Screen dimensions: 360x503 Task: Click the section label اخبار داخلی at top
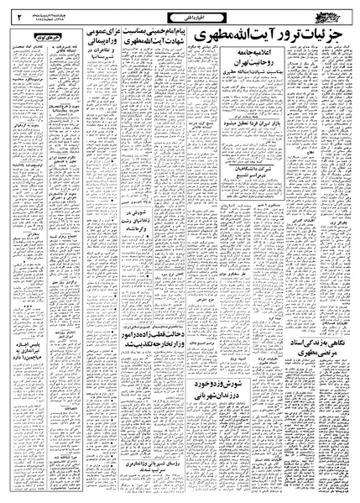(179, 13)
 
